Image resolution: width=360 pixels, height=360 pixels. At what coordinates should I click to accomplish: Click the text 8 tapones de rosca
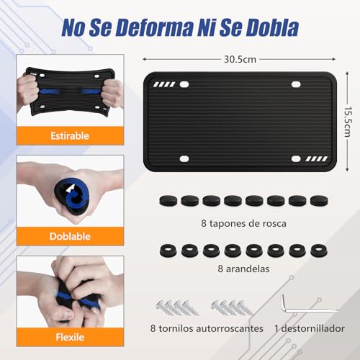(x=234, y=224)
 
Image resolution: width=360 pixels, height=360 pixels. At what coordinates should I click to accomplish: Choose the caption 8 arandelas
(x=234, y=270)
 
